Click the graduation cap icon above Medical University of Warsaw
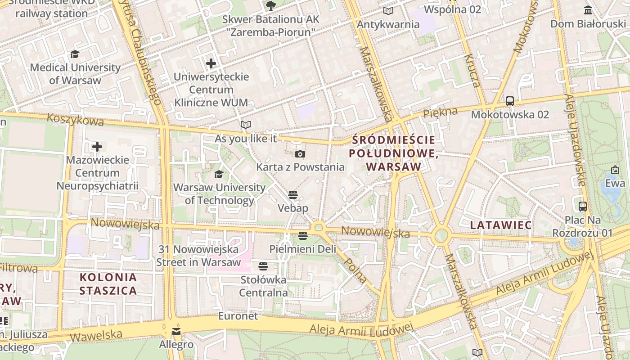click(75, 54)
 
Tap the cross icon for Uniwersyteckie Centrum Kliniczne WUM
click(211, 63)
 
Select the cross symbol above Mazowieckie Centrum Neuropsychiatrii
click(97, 147)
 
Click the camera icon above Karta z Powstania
click(300, 154)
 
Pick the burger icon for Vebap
click(293, 195)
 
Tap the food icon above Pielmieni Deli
click(303, 235)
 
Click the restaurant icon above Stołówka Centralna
click(263, 266)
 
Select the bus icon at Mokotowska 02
click(509, 101)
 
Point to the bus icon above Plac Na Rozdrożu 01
click(583, 207)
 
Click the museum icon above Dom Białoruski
click(588, 10)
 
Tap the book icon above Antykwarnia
click(388, 11)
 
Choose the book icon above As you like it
click(245, 125)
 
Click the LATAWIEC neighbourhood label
click(500, 225)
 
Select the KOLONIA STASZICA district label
click(108, 283)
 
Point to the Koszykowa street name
click(75, 120)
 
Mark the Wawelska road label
click(96, 335)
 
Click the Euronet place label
click(238, 316)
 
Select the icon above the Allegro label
click(176, 332)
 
